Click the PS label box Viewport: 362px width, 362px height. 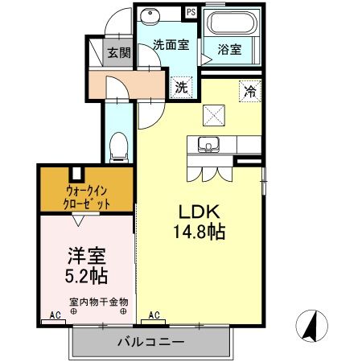tap(191, 13)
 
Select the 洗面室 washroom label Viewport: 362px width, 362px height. tap(171, 45)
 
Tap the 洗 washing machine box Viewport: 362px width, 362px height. tap(182, 85)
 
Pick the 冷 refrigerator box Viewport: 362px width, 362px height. tap(251, 92)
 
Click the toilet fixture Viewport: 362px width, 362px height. tap(117, 145)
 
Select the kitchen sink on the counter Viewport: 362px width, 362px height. tap(211, 146)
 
